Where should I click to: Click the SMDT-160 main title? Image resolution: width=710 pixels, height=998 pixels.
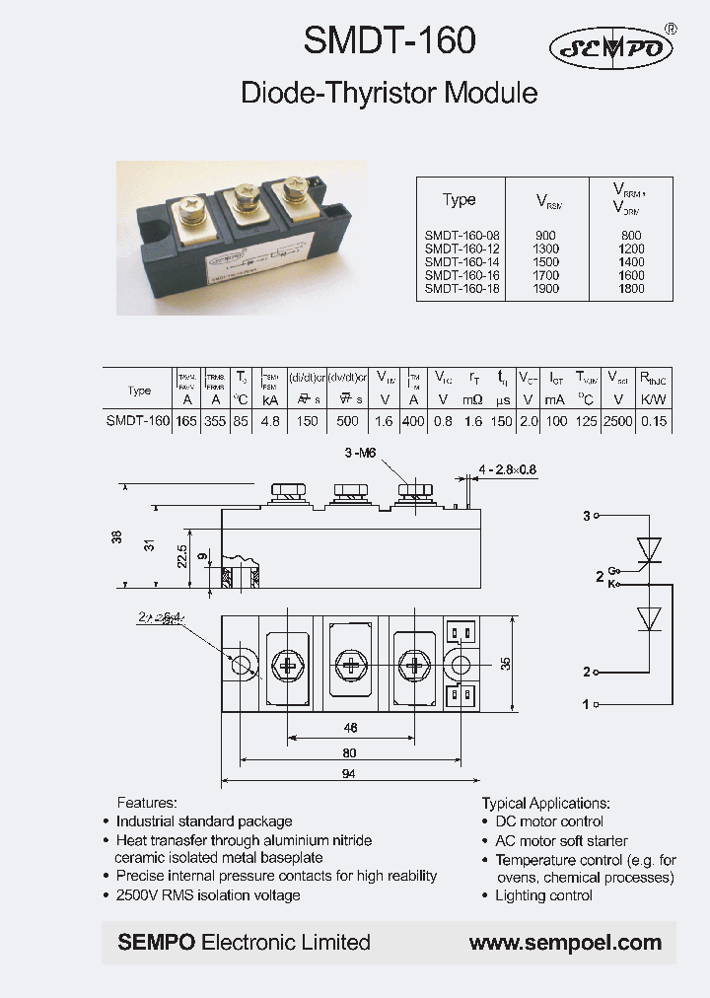pos(390,41)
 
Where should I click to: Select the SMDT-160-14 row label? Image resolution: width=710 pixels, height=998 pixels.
pos(462,262)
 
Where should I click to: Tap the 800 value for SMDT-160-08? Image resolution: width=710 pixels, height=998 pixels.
pos(631,237)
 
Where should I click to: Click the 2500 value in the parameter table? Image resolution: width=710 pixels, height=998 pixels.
pos(618,420)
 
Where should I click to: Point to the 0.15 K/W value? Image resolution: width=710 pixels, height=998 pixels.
pos(654,420)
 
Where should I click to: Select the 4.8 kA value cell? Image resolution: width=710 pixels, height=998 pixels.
pos(270,420)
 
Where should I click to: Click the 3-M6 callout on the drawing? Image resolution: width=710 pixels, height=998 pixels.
pos(361,453)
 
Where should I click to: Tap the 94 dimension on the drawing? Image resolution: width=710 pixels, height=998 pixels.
pos(348,775)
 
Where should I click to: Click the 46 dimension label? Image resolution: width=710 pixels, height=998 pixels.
pos(348,728)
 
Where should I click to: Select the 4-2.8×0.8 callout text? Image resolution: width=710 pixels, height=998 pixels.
pos(508,469)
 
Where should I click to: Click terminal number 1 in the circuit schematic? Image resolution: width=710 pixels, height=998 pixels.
pos(585,704)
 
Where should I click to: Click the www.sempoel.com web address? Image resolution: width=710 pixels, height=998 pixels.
pos(565,943)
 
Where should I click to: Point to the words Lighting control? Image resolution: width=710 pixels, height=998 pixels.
pos(543,895)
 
